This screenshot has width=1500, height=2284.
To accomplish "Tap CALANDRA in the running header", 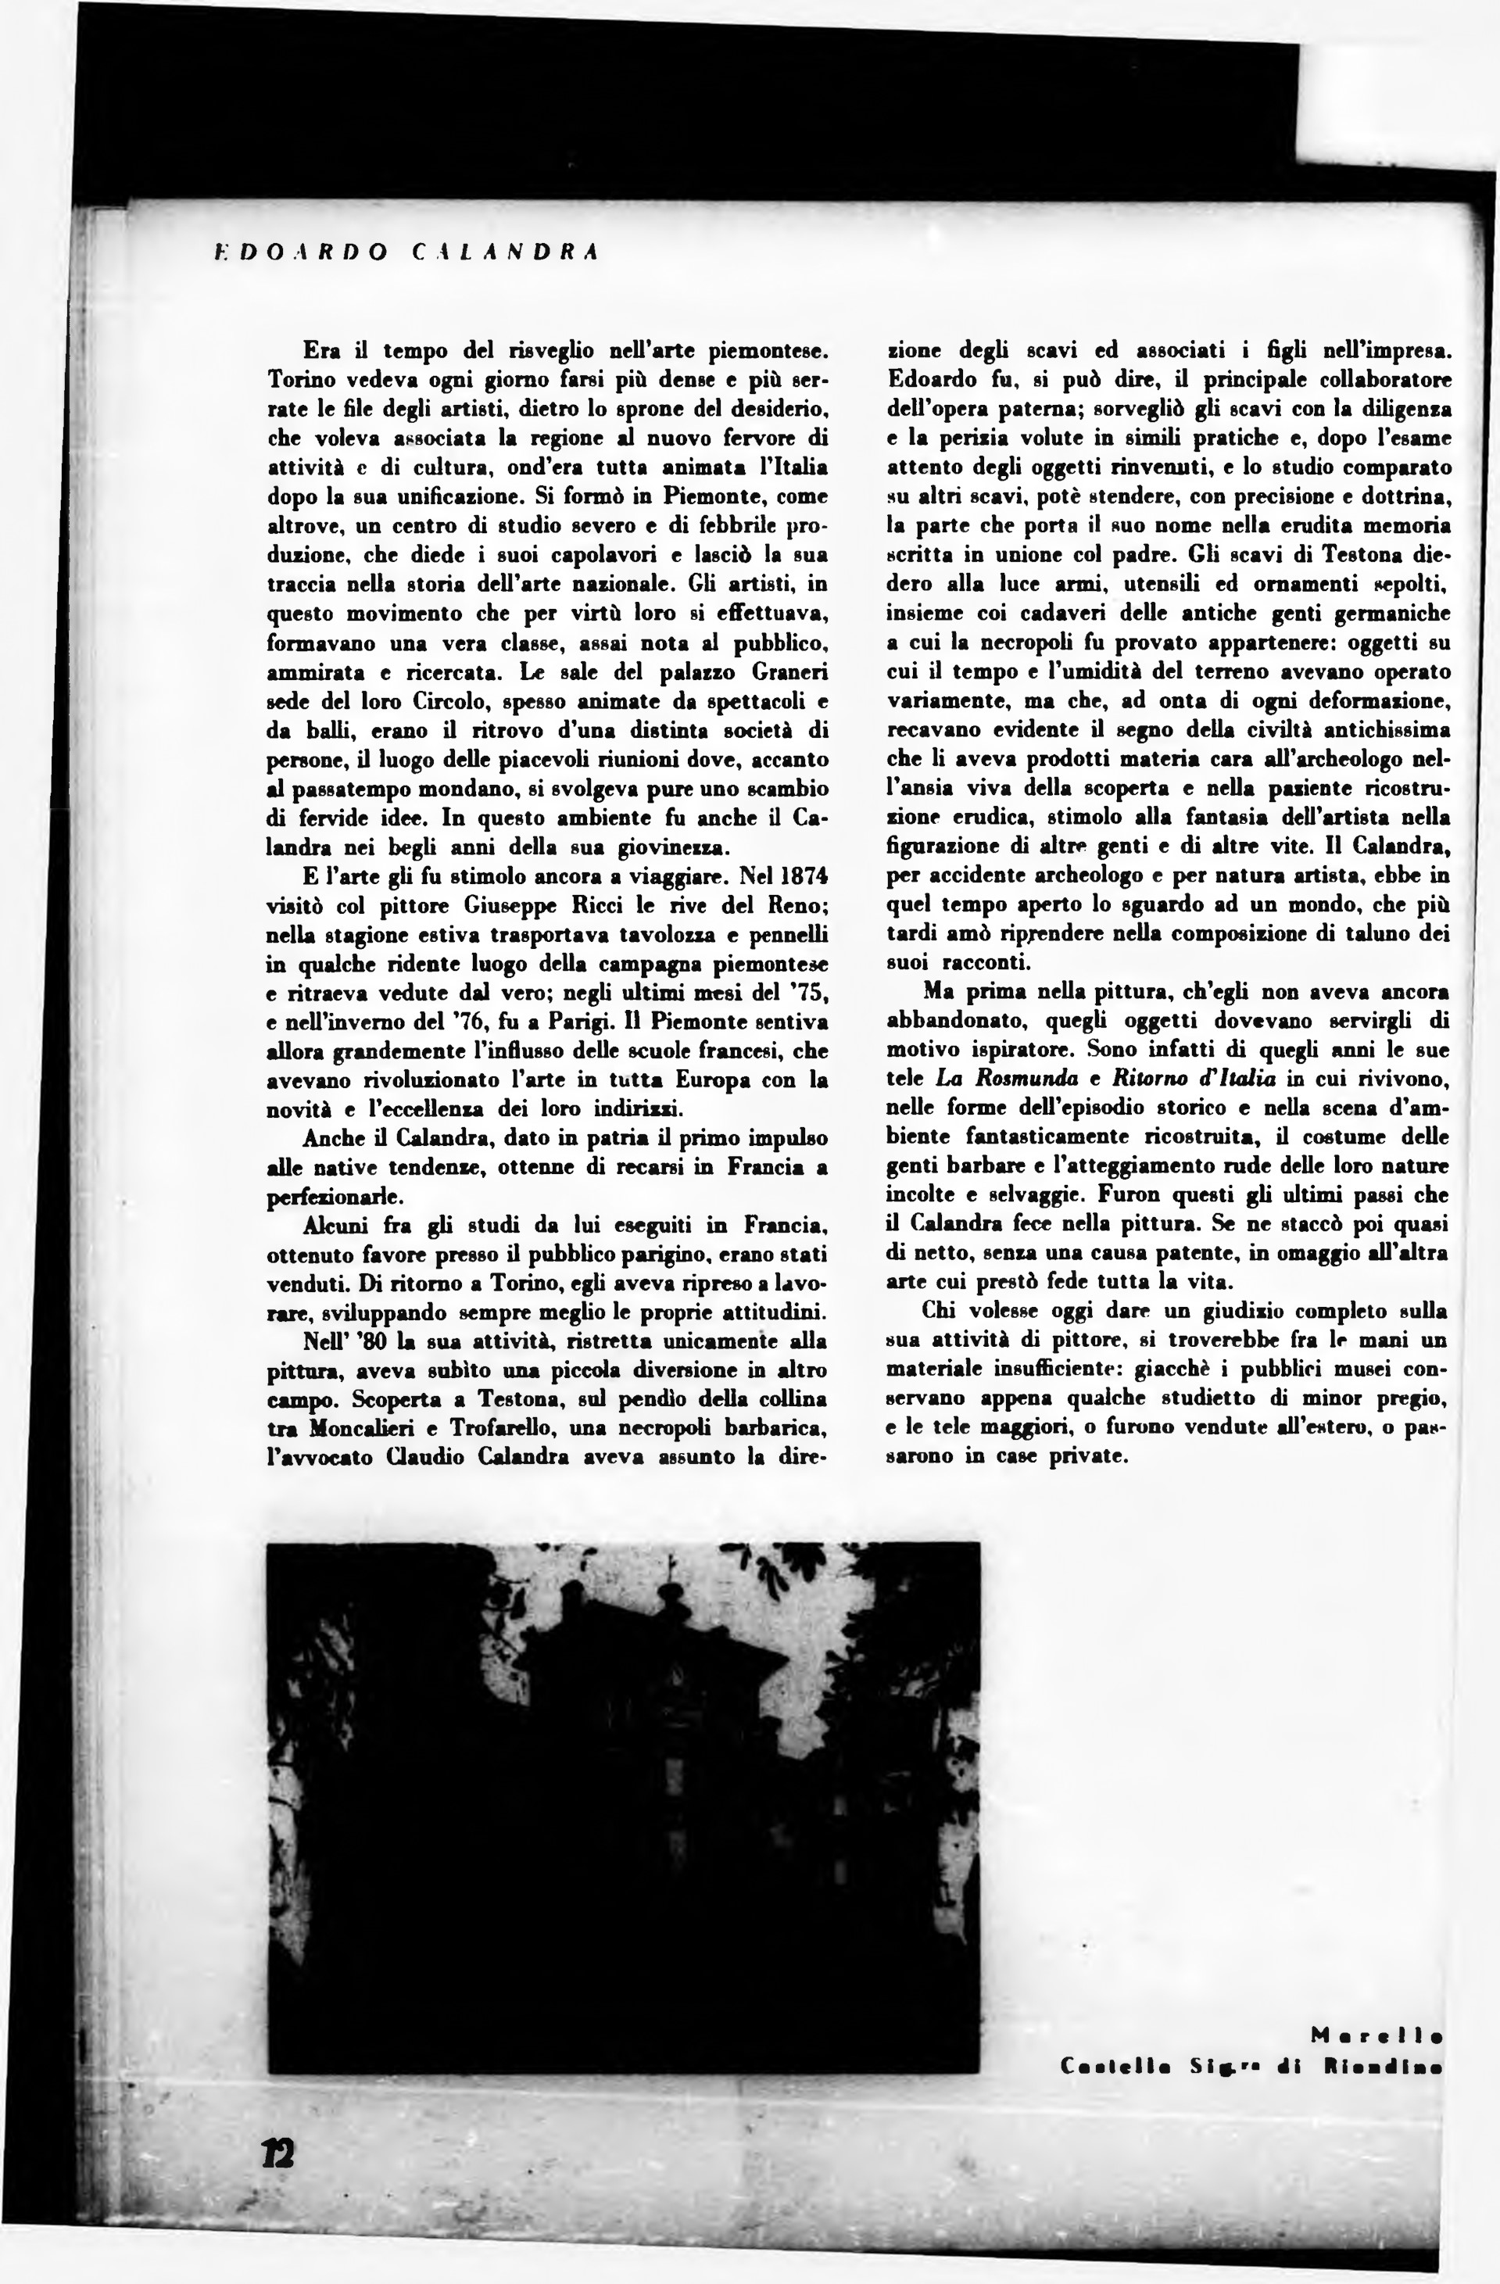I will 505,252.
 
